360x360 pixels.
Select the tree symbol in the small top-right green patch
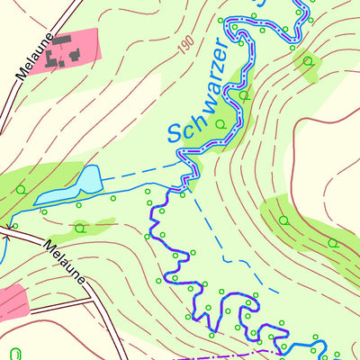308,61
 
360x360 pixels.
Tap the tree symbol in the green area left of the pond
20,189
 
